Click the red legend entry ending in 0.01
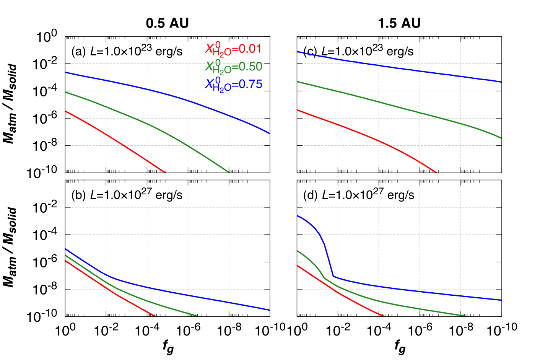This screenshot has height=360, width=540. [x=233, y=49]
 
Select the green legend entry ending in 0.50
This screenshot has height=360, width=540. [x=233, y=67]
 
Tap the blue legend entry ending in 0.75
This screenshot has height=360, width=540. [x=233, y=84]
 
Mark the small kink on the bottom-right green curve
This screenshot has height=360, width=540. [x=324, y=278]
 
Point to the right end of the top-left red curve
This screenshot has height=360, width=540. [x=165, y=172]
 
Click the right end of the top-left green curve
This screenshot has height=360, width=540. [x=229, y=172]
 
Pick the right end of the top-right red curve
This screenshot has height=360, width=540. [x=436, y=172]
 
